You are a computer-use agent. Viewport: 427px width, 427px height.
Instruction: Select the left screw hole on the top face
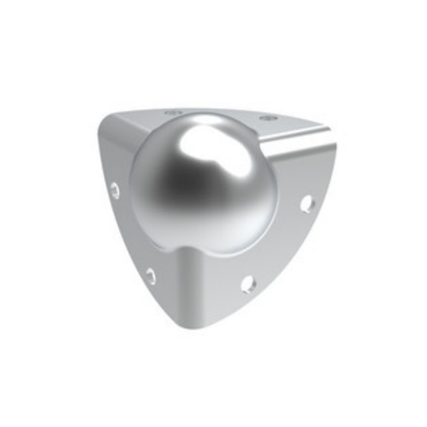click(172, 112)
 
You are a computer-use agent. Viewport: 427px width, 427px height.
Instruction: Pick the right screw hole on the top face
click(266, 117)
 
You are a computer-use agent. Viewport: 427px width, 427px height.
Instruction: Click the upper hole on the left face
click(115, 190)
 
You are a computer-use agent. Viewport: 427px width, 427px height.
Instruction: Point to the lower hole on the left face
click(151, 275)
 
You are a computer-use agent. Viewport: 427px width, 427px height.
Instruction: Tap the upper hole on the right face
click(307, 204)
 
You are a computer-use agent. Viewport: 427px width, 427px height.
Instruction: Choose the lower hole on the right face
click(248, 284)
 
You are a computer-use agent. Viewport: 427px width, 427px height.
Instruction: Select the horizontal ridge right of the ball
click(299, 149)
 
